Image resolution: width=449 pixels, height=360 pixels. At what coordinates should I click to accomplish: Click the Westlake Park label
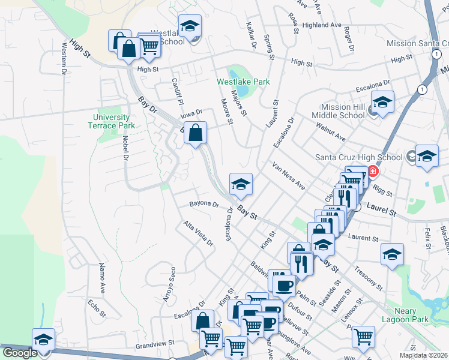click(243, 82)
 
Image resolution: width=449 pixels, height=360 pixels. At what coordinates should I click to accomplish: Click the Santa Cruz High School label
click(359, 158)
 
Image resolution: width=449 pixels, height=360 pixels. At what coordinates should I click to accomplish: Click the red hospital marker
click(373, 172)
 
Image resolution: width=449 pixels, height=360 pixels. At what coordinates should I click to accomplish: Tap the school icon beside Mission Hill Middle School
click(382, 103)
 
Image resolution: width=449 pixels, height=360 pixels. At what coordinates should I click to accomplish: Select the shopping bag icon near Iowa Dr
click(196, 133)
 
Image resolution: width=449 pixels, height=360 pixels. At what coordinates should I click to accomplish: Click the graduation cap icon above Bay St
click(241, 184)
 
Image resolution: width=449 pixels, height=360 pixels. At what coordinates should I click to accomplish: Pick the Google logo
click(20, 353)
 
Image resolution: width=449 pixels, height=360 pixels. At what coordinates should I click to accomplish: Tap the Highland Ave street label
click(322, 25)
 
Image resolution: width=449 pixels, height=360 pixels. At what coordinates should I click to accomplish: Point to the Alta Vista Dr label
click(199, 233)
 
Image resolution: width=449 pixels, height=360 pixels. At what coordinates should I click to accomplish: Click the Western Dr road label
click(64, 58)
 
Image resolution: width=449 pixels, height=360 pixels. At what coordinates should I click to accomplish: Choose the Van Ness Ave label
click(289, 176)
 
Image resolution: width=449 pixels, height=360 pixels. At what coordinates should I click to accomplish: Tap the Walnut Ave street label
click(331, 132)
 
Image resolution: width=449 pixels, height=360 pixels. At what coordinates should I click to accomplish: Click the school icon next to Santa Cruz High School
click(426, 157)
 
